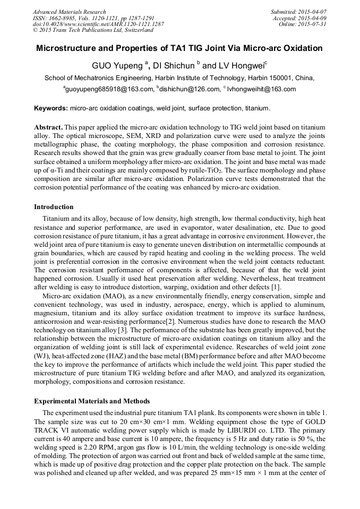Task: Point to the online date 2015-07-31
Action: [314, 24]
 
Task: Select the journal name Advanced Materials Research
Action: [69, 12]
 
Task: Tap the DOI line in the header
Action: [98, 24]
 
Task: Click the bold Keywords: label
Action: [51, 108]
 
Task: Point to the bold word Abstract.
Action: [48, 128]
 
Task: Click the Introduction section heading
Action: [54, 207]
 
